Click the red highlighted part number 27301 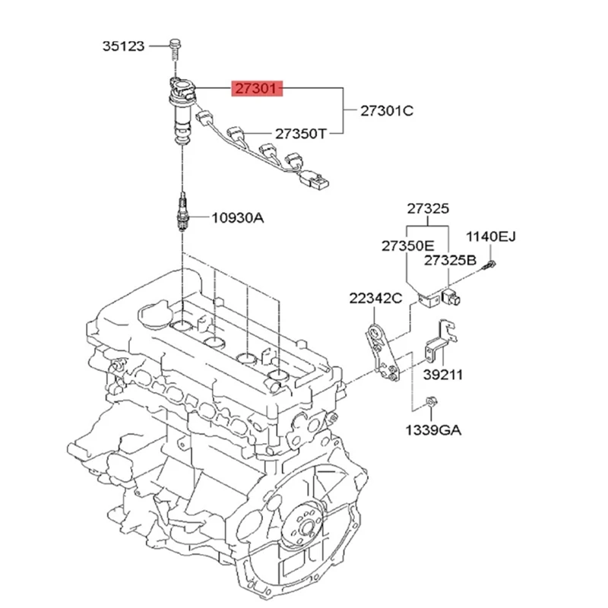coord(258,90)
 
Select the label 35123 coord(123,46)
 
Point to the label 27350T coord(300,134)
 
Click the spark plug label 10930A coord(237,218)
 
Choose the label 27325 coord(427,208)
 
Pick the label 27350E coord(407,245)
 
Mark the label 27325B coord(450,260)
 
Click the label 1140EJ coord(490,237)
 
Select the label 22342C coord(375,298)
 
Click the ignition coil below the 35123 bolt coord(181,110)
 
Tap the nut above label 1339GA coord(429,401)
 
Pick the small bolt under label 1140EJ coord(490,264)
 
